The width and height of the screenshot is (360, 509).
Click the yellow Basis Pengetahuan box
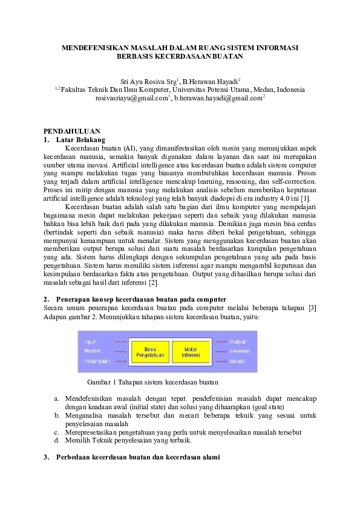point(151,351)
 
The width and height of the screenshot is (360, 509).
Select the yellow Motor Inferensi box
point(190,351)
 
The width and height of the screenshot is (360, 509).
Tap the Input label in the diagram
point(91,341)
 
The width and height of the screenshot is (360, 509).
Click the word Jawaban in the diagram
point(240,351)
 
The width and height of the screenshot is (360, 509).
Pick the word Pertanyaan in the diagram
point(97,361)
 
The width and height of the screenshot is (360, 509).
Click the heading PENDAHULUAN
point(71,131)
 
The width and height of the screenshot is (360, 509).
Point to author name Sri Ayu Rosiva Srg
point(148,80)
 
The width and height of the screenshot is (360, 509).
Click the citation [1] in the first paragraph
point(307,198)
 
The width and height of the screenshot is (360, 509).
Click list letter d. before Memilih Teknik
point(56,441)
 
